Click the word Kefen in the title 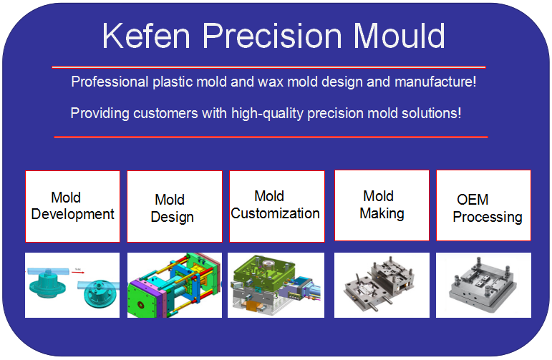146,36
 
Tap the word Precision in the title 272,37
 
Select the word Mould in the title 399,36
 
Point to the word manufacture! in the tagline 435,82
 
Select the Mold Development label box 72,207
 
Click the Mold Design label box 175,207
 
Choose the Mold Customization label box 277,207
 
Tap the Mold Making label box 382,205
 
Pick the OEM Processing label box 484,205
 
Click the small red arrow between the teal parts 78,272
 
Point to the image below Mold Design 175,285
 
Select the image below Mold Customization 276,285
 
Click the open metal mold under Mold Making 379,283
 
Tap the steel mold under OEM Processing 483,284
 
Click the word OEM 473,200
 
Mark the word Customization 276,213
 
